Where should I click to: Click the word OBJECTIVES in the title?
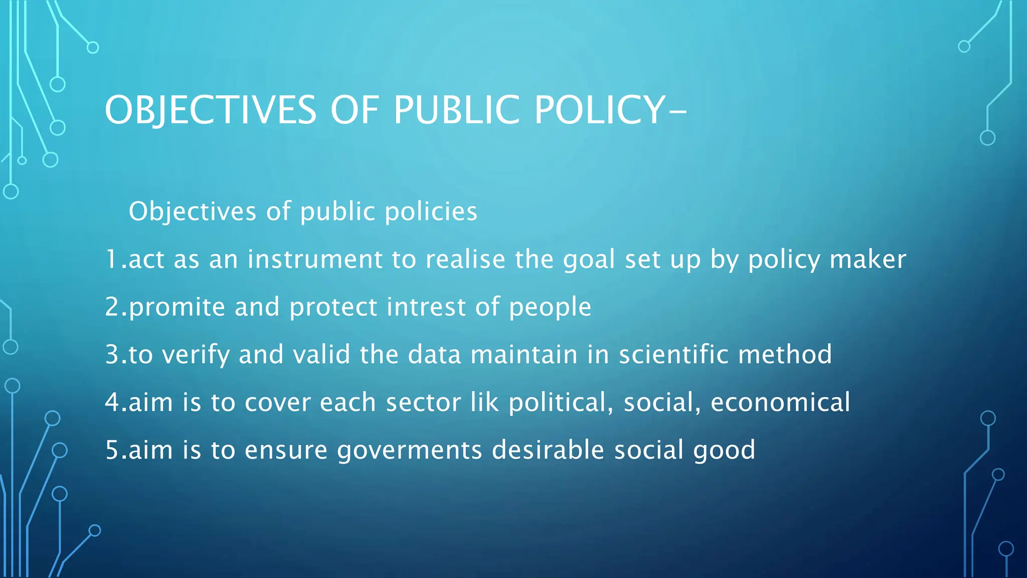tap(211, 110)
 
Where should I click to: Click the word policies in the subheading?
tap(431, 211)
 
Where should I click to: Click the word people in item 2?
tap(550, 307)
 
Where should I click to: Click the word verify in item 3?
tap(196, 355)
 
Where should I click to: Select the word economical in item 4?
tap(780, 402)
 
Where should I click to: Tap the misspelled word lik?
tap(484, 402)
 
